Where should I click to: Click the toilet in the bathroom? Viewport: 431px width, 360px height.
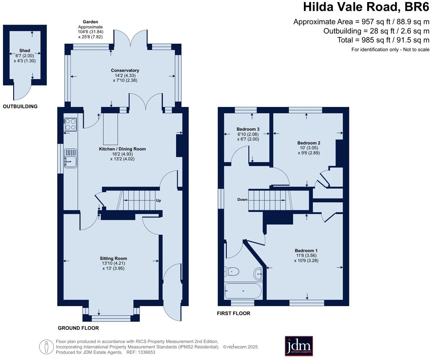pos(232,272)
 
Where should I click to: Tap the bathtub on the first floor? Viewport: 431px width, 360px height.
pos(243,291)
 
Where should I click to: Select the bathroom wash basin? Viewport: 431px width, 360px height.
pos(258,273)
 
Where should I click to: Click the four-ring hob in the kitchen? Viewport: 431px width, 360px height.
pos(70,125)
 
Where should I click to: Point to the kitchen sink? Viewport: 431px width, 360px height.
pos(71,158)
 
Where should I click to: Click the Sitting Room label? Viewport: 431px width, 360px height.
pos(113,258)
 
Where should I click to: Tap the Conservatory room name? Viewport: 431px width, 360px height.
pos(125,70)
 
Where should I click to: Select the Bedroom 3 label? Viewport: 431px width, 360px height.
pos(248,129)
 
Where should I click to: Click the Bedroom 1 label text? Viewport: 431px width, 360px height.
pos(306,250)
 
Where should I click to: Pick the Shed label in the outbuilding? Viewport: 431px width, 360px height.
pos(25,51)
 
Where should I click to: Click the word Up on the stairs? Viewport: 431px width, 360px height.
pos(158,200)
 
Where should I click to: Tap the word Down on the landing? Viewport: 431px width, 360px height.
pos(242,199)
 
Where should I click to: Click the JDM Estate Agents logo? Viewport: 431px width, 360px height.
pos(299,346)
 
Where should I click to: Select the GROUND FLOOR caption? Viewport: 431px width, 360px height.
pos(78,328)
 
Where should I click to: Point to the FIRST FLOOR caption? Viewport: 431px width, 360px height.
pos(233,313)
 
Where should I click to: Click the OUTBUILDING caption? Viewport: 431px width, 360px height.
pos(20,106)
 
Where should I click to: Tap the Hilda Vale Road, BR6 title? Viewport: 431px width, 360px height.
pos(366,7)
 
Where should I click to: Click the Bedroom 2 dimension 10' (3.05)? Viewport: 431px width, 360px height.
pos(309,148)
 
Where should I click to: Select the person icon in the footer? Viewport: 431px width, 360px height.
pos(46,347)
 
